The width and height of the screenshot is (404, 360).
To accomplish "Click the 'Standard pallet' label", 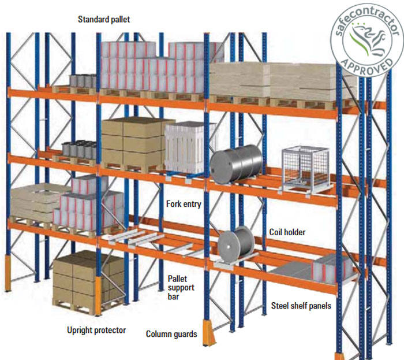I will click(x=104, y=19).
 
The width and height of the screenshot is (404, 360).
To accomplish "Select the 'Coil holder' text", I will click(x=287, y=232).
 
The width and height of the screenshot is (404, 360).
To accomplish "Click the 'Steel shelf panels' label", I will click(x=301, y=306).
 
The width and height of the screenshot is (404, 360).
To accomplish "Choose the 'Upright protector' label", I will click(x=96, y=331).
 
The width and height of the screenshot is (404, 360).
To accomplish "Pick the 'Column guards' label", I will click(x=171, y=334).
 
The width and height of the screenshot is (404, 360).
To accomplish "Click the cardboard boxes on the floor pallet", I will click(x=88, y=276).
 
